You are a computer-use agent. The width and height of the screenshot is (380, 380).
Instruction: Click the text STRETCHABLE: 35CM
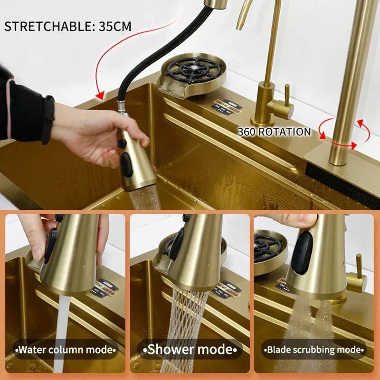tap(67, 26)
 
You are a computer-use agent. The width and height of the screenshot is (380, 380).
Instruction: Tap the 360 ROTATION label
tap(274, 132)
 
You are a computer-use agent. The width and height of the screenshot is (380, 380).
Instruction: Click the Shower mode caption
tap(190, 350)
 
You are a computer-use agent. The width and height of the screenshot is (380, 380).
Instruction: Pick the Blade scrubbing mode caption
tap(314, 350)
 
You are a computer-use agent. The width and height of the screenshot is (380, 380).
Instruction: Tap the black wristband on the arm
tap(47, 119)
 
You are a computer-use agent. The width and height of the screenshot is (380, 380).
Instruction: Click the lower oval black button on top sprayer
tap(126, 164)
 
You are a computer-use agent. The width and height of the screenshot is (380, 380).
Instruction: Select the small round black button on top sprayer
tap(122, 143)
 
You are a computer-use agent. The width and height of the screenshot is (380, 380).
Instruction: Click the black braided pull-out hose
tap(142, 52)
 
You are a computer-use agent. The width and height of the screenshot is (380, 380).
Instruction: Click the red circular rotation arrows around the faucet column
tap(344, 133)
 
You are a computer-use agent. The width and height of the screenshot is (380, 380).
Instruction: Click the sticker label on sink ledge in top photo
tap(227, 107)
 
